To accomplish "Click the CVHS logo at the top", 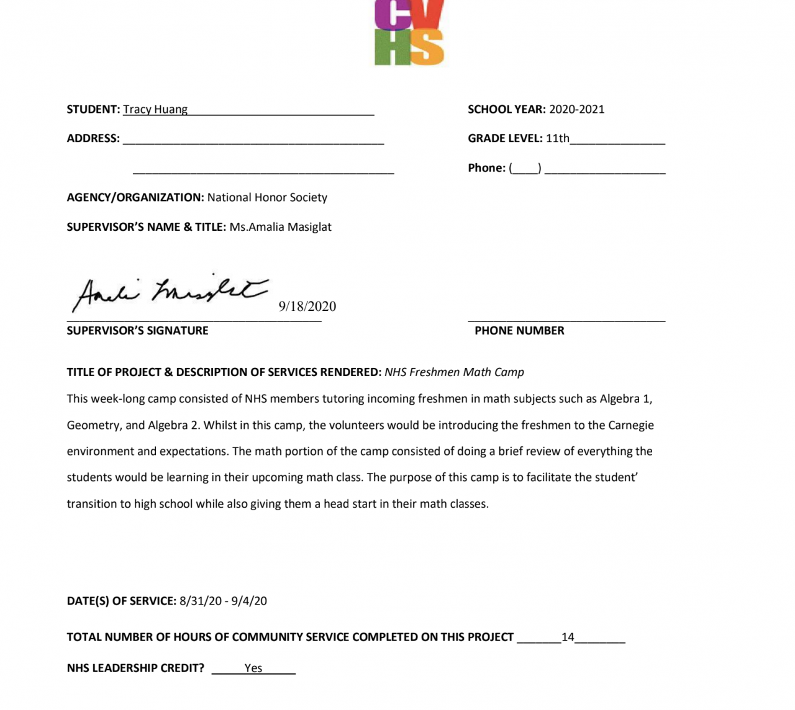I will [409, 32].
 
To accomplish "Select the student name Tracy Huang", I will [155, 109].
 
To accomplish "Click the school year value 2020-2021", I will [576, 109].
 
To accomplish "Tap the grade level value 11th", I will [557, 138].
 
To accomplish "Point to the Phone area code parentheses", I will [525, 168].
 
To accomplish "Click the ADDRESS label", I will [93, 138].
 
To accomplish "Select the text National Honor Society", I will [267, 197].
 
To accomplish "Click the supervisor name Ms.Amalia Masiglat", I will [280, 227].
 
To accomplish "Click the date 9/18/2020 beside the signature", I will [307, 306].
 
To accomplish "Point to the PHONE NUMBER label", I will [519, 331].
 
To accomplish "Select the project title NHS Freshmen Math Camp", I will [454, 372].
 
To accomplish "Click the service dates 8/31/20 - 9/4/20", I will [223, 601].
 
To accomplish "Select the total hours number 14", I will [568, 637].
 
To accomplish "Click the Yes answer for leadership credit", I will [253, 668].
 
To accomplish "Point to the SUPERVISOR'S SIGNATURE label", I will [137, 331].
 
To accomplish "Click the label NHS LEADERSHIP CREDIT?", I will [135, 668].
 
